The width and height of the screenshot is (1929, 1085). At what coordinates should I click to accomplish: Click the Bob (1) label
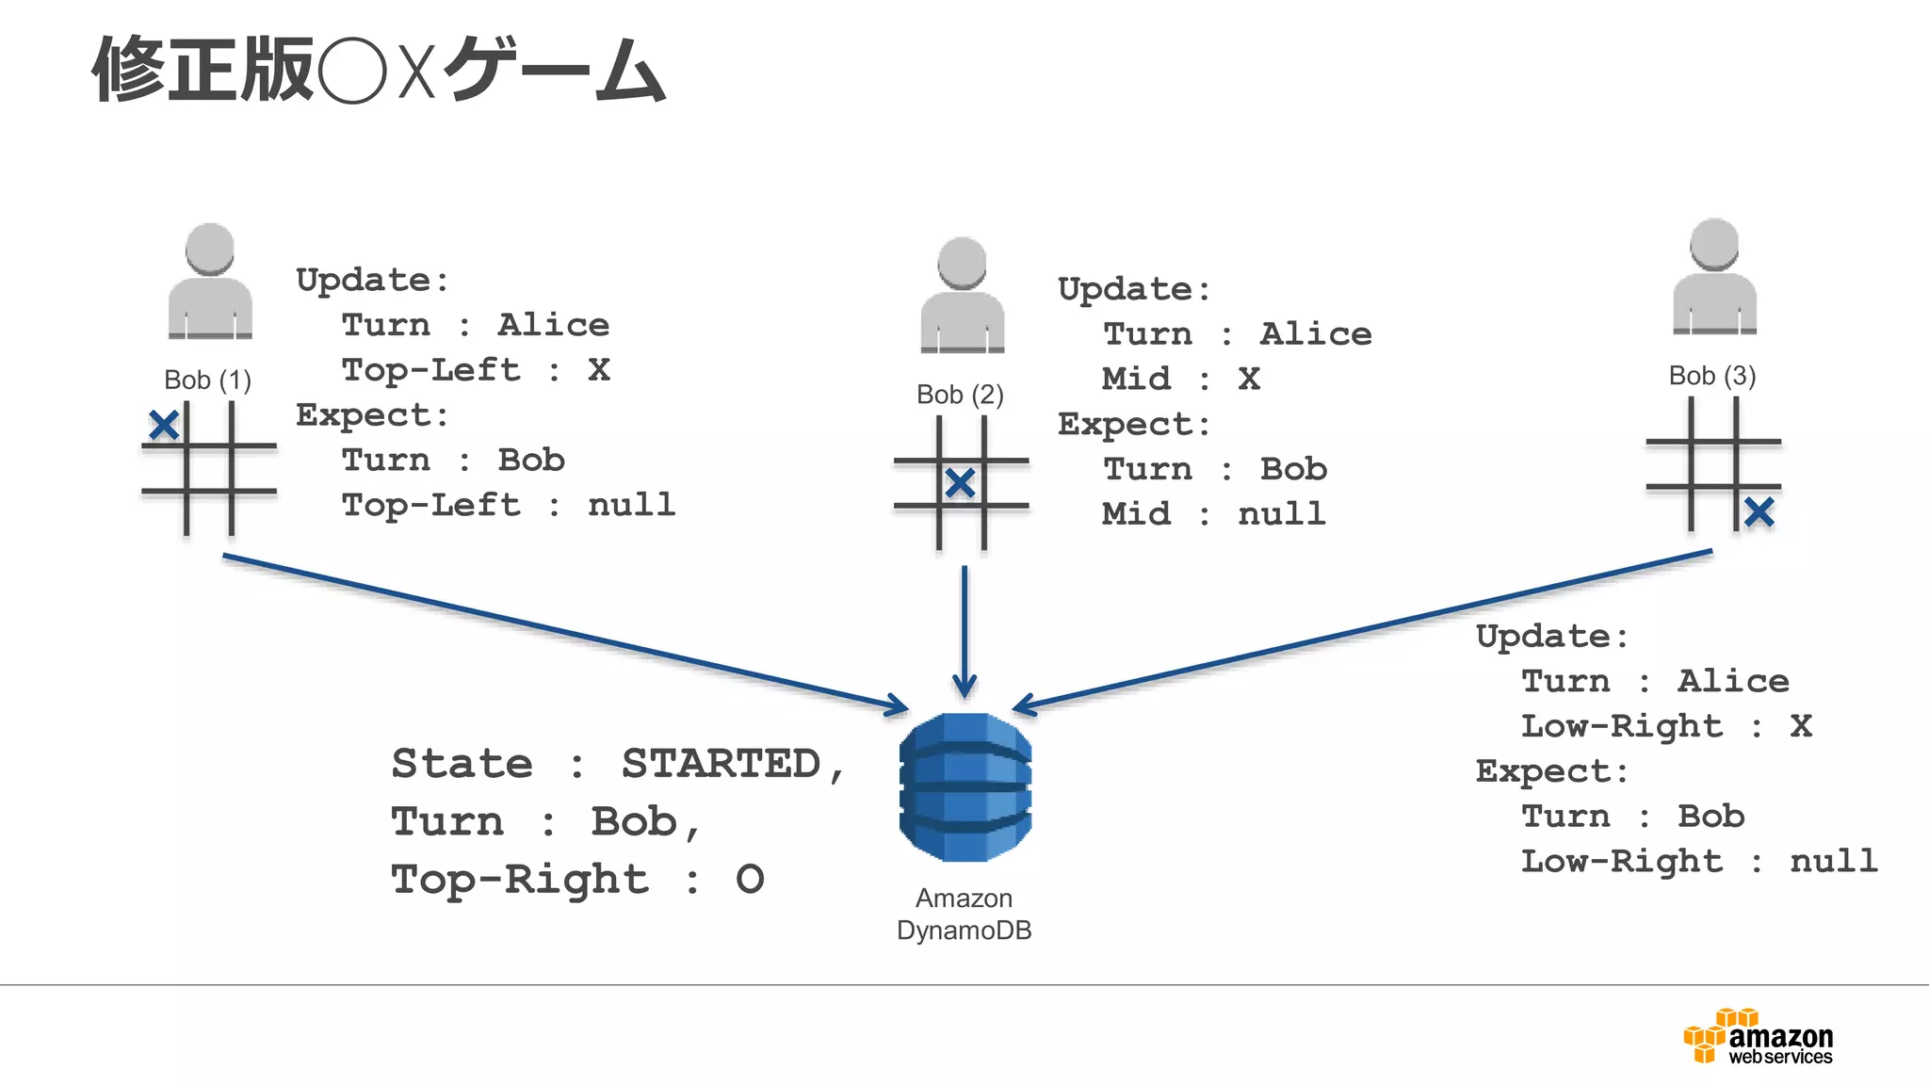(x=207, y=381)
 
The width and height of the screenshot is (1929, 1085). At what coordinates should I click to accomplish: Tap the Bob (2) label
(x=960, y=395)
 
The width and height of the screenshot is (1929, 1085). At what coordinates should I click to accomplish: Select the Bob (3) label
(x=1711, y=376)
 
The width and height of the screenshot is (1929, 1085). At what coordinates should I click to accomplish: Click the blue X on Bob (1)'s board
(x=164, y=426)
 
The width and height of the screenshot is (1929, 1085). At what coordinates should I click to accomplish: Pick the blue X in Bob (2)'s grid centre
(x=960, y=483)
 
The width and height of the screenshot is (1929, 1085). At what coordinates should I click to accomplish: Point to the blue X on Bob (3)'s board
(x=1759, y=512)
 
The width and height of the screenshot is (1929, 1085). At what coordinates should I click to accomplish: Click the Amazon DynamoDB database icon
(x=964, y=787)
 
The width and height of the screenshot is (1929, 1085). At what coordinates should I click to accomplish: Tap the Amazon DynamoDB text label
(x=964, y=915)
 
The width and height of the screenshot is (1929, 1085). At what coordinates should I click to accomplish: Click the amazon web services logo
(x=1758, y=1037)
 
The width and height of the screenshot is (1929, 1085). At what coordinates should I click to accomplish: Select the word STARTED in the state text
(x=721, y=764)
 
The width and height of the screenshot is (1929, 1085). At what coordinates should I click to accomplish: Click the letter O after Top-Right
(x=750, y=880)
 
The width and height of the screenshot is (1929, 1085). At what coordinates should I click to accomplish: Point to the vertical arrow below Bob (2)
(x=964, y=631)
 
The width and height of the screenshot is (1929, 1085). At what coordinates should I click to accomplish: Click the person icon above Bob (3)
(x=1714, y=277)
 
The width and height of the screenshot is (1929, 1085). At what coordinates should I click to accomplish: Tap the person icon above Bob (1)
(x=210, y=282)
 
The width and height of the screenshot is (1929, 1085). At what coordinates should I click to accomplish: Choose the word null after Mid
(x=1281, y=514)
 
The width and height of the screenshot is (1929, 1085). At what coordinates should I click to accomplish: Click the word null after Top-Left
(x=631, y=506)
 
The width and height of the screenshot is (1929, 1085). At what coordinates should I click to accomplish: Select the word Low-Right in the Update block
(x=1622, y=726)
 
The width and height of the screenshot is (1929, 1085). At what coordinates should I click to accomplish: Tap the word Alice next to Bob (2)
(x=1315, y=334)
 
